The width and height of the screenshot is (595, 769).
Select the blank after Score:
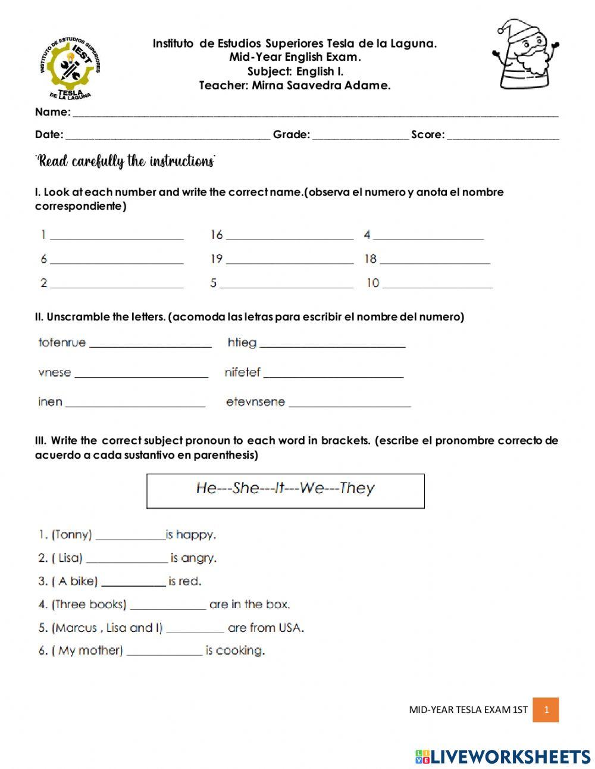pyautogui.click(x=503, y=136)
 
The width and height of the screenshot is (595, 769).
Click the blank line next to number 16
pyautogui.click(x=290, y=238)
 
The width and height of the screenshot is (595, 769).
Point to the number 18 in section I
pyautogui.click(x=370, y=259)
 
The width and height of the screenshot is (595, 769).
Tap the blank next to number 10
pyautogui.click(x=437, y=286)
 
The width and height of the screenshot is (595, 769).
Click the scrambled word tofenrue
pyautogui.click(x=62, y=343)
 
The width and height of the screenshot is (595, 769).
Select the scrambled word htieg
pyautogui.click(x=242, y=343)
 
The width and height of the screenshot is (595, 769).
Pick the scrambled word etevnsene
pyautogui.click(x=255, y=402)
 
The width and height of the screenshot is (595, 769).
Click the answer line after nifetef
pyautogui.click(x=333, y=375)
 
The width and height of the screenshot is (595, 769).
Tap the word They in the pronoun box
pyautogui.click(x=357, y=488)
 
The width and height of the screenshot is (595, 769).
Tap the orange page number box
pyautogui.click(x=546, y=709)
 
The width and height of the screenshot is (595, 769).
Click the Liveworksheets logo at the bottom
pyautogui.click(x=503, y=756)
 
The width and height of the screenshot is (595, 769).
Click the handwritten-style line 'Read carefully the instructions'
pyautogui.click(x=126, y=161)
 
